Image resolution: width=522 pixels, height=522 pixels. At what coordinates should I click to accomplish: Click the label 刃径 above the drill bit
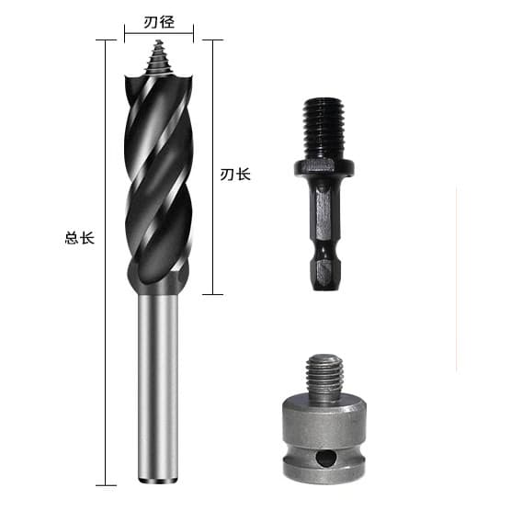(x=159, y=23)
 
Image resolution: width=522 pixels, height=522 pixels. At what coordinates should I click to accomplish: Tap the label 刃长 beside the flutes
(x=235, y=175)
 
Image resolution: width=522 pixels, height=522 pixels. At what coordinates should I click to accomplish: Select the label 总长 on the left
(x=80, y=238)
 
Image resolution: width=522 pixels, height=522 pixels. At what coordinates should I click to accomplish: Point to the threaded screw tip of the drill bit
(x=159, y=57)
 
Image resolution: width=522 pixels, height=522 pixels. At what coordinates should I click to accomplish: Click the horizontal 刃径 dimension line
(x=159, y=33)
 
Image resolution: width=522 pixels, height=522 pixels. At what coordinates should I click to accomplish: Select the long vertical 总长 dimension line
(x=106, y=263)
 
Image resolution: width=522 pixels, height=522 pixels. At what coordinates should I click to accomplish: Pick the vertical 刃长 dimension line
(x=212, y=167)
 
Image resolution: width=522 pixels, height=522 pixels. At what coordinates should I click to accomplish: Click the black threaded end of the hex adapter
(x=323, y=128)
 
